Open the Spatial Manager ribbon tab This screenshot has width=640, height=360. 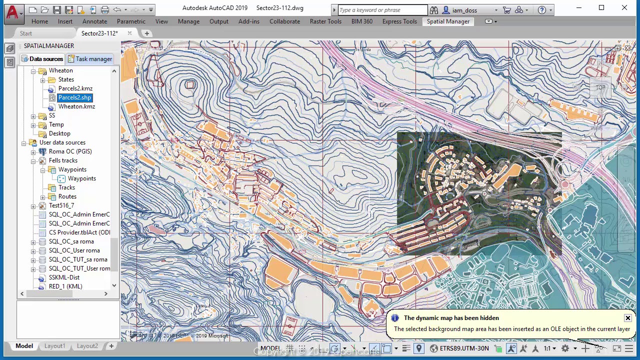tap(447, 21)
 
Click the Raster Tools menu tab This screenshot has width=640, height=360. tap(325, 21)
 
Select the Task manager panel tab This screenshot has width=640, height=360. tap(90, 59)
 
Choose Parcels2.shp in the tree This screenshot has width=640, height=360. tap(74, 97)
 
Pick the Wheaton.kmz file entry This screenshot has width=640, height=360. tap(76, 106)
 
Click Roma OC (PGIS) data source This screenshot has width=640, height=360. tap(70, 151)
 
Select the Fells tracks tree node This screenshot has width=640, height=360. tap(63, 160)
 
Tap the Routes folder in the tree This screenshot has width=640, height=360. tap(67, 196)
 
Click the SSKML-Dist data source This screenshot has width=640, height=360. tap(64, 277)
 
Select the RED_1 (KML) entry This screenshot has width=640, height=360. tap(65, 286)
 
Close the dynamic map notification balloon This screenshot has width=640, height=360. tap(627, 318)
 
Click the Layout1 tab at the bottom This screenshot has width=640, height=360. tap(54, 346)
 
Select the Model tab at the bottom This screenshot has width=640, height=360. tap(24, 346)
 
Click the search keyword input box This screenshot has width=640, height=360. tap(382, 10)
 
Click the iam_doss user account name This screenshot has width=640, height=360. tap(464, 10)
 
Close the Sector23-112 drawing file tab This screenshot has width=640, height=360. tap(129, 33)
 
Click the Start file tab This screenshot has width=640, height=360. tap(26, 33)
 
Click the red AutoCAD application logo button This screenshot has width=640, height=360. tap(12, 12)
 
